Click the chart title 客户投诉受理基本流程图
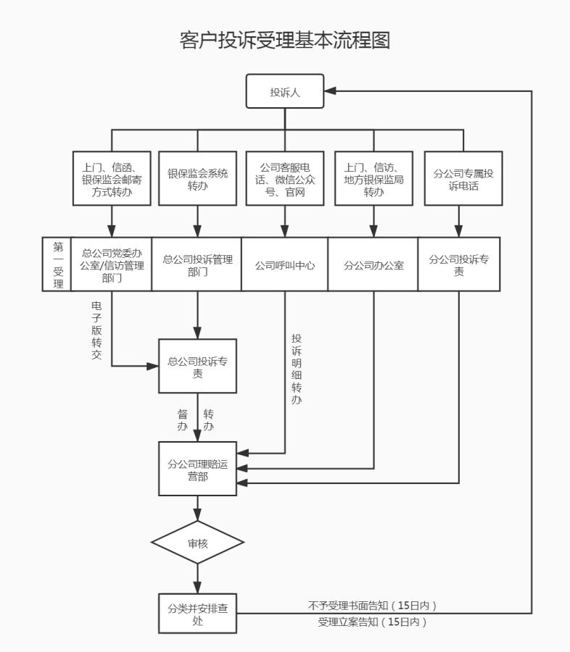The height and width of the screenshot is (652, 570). point(285,41)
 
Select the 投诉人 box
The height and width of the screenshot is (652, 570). point(285,91)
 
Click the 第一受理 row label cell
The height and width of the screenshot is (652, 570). point(57,264)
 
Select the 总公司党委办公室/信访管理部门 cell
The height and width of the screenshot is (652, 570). point(112,264)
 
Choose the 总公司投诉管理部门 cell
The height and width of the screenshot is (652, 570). point(197,264)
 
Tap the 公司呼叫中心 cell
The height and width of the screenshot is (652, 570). point(285,265)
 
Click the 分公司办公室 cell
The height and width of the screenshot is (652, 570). point(373,265)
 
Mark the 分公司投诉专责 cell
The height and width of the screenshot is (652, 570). point(458,264)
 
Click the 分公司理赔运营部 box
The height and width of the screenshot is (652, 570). point(198,469)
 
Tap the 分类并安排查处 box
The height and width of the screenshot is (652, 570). point(198,614)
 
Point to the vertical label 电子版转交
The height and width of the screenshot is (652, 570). point(97,330)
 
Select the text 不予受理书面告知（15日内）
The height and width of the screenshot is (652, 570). point(373,605)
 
